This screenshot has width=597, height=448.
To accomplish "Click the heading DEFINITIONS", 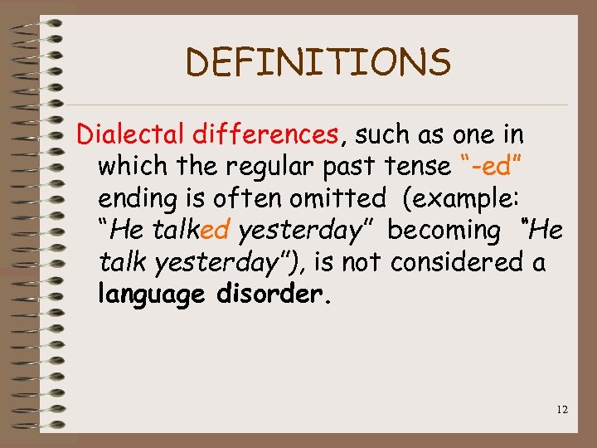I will (318, 62).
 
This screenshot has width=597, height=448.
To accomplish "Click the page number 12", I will (561, 409).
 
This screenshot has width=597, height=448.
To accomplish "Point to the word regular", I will (268, 166).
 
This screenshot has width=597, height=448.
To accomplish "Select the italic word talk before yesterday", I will (122, 263).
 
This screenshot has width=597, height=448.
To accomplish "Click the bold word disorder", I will (273, 295).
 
